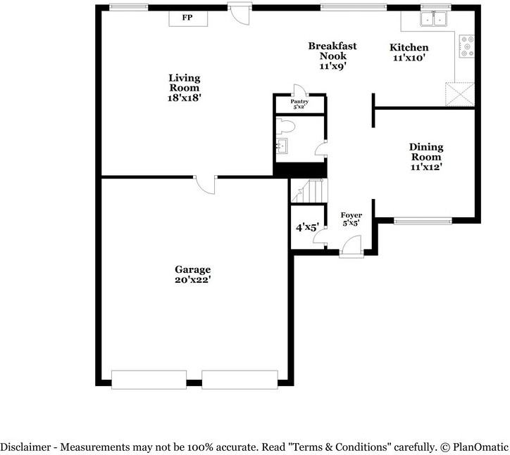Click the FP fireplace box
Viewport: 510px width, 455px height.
[188, 18]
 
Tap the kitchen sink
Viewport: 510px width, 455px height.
[433, 18]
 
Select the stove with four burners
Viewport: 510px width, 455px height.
[467, 46]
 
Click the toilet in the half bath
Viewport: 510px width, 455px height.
[285, 126]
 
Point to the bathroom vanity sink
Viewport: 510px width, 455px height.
[282, 146]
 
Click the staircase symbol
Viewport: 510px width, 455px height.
[309, 191]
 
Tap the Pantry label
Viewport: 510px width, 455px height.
[299, 102]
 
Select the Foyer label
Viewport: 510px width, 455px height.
[352, 215]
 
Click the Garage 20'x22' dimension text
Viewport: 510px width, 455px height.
[193, 280]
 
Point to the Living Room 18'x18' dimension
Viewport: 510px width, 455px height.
[185, 98]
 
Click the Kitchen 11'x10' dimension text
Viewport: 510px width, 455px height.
[409, 58]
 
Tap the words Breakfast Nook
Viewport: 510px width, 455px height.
[332, 51]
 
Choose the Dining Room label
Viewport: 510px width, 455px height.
[426, 152]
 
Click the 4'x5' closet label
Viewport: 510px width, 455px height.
[307, 227]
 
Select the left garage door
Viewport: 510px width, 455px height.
[149, 380]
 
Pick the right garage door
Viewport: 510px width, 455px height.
[240, 380]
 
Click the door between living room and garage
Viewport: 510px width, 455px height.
[206, 184]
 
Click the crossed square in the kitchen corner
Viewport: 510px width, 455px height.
[460, 94]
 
